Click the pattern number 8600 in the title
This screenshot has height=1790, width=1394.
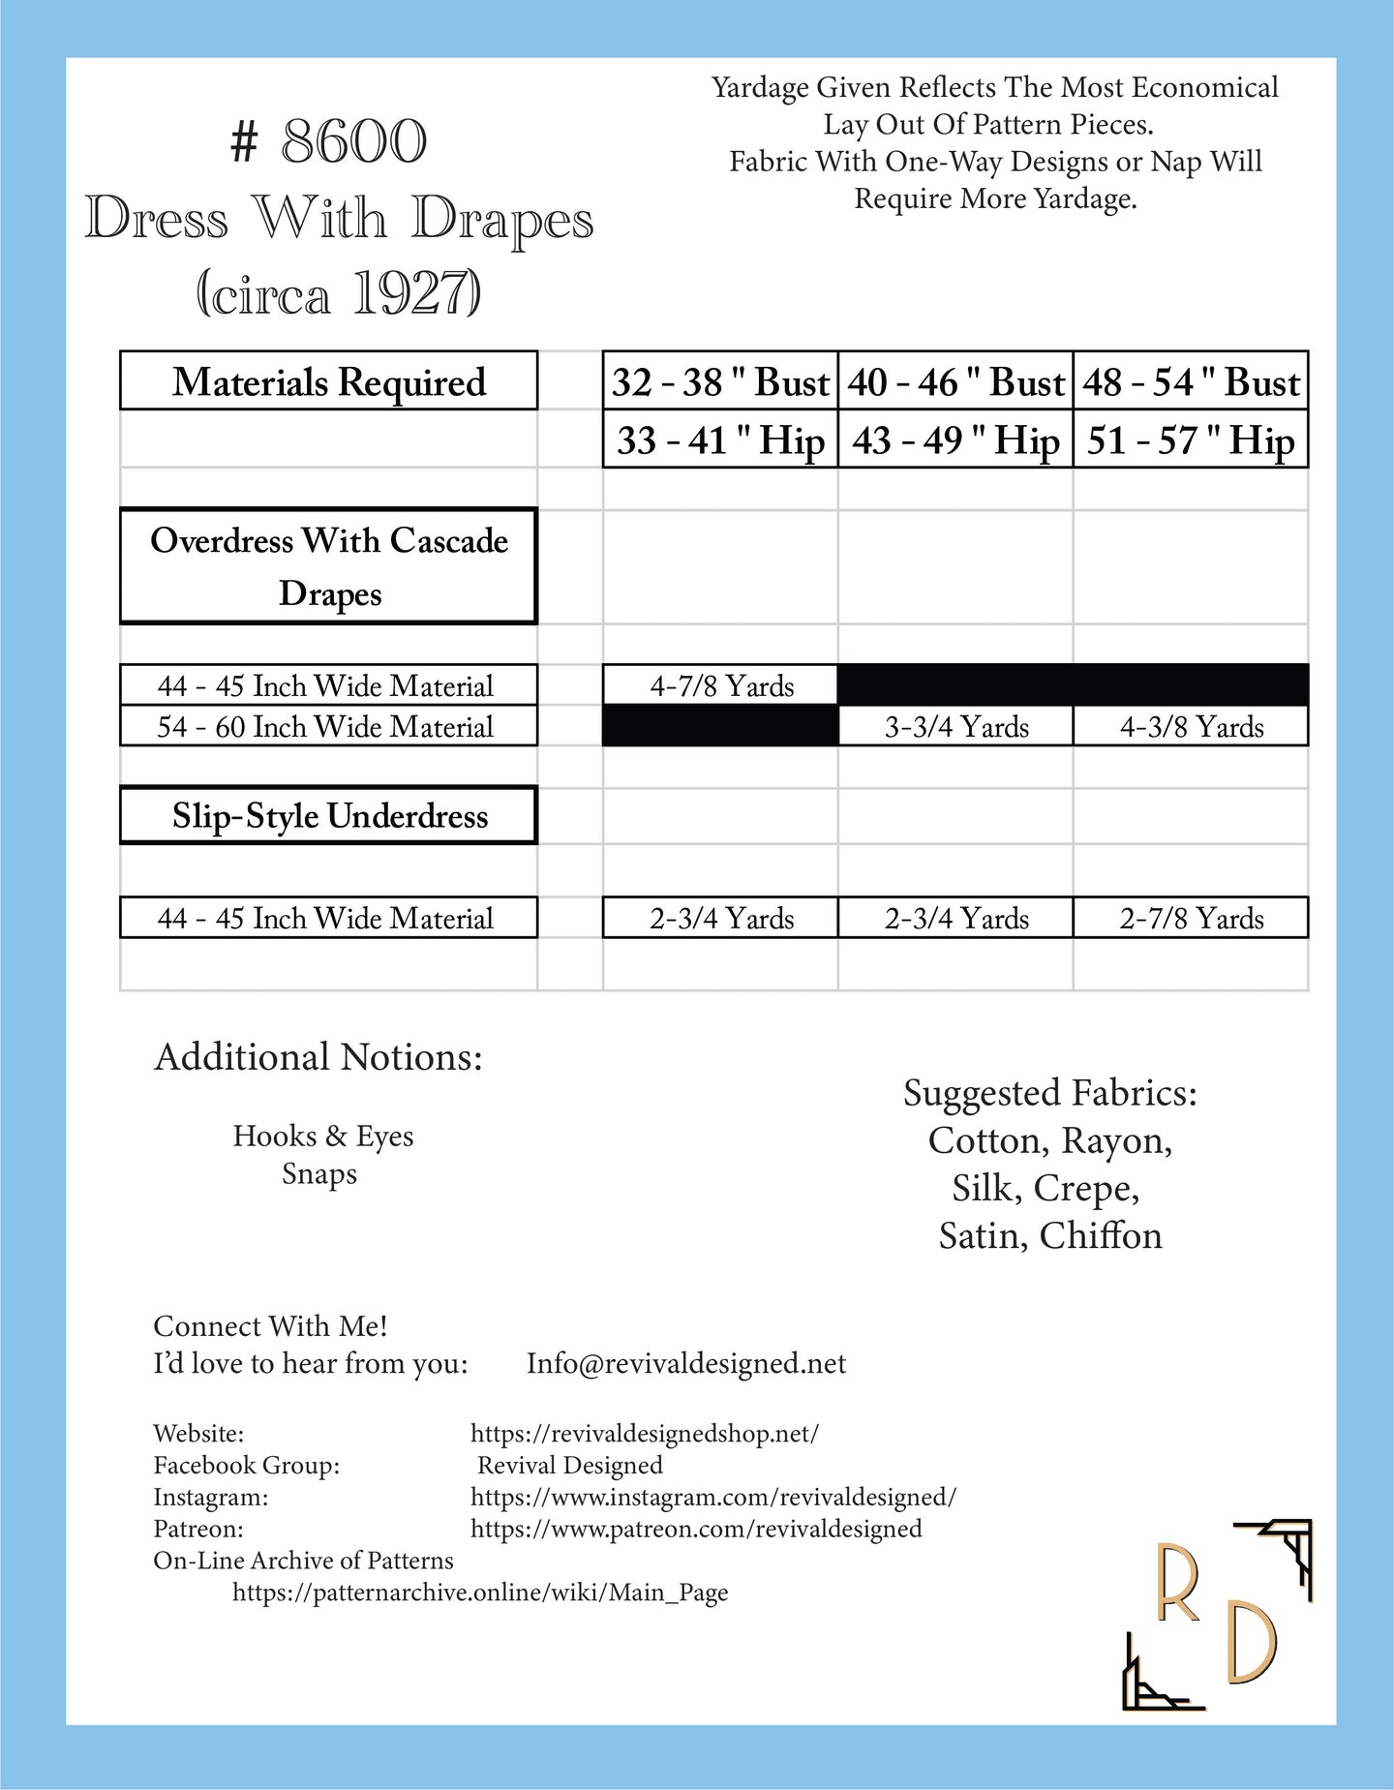(353, 142)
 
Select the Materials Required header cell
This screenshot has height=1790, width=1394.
(329, 381)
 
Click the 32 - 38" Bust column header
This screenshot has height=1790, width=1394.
(720, 382)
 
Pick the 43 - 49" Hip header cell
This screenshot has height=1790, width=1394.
(955, 440)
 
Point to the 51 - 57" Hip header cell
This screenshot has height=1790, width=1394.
(1191, 440)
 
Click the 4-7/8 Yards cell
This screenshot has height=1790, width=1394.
(721, 686)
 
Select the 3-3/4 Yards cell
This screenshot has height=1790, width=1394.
(956, 727)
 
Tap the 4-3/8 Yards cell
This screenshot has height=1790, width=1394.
(1192, 727)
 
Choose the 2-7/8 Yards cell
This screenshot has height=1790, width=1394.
(1192, 919)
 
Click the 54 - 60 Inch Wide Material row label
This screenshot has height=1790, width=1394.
(326, 727)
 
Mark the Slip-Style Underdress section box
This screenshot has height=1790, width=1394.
(329, 816)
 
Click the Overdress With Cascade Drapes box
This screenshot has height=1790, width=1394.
(329, 566)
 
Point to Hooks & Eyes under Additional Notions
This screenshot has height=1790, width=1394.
(322, 1136)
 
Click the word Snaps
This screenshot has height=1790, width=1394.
(319, 1173)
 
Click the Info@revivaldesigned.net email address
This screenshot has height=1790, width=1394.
(686, 1363)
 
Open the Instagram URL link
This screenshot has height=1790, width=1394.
(713, 1497)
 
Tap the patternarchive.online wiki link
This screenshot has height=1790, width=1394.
(480, 1593)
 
